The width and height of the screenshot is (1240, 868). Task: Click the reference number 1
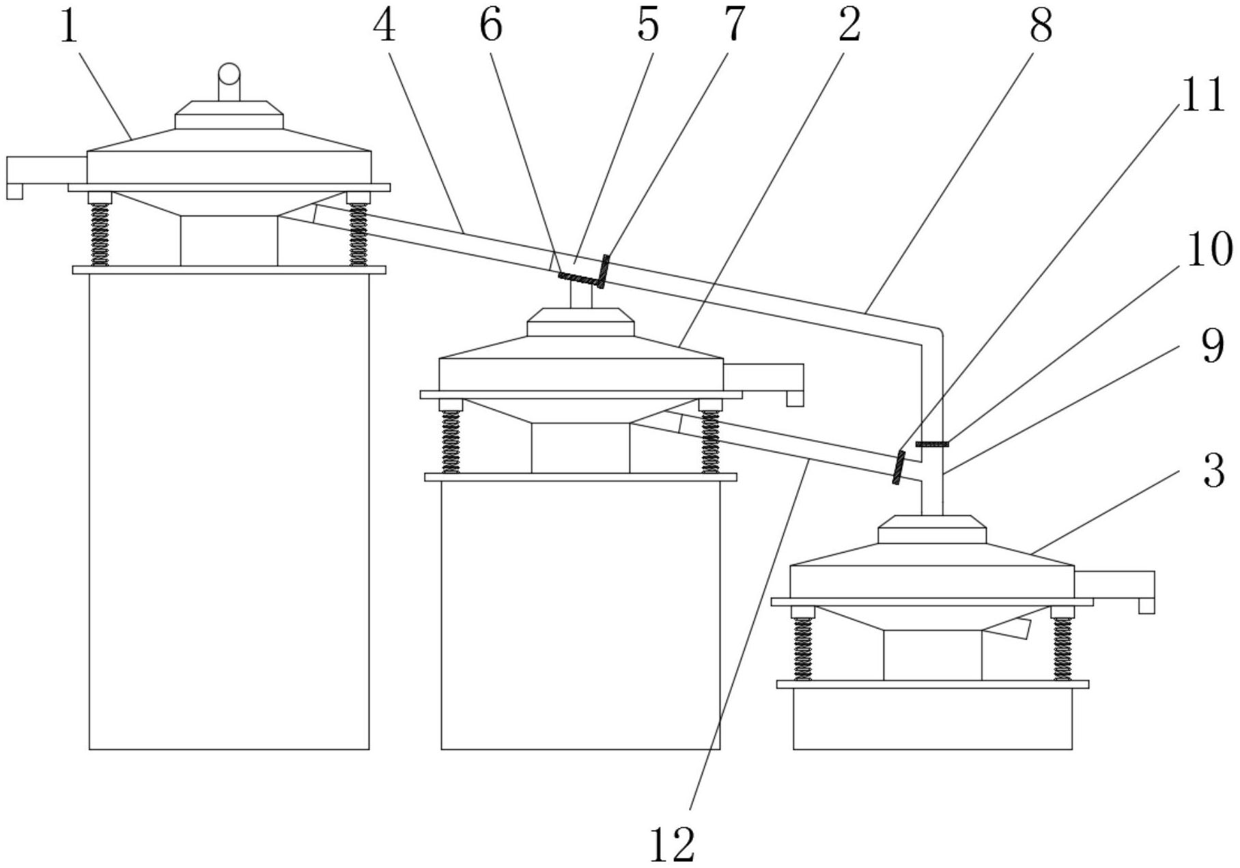pos(69,29)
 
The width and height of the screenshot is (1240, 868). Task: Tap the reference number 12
pos(673,844)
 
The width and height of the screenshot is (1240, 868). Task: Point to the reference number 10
pos(1209,250)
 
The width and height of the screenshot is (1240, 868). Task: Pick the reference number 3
pos(1213,472)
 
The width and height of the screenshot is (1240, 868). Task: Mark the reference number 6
pos(490,25)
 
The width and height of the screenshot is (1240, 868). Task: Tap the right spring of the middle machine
pos(710,442)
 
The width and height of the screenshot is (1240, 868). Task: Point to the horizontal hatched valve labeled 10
pos(932,444)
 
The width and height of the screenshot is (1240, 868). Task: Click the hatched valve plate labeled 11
pos(898,468)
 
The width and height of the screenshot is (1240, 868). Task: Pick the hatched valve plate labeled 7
pos(604,270)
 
